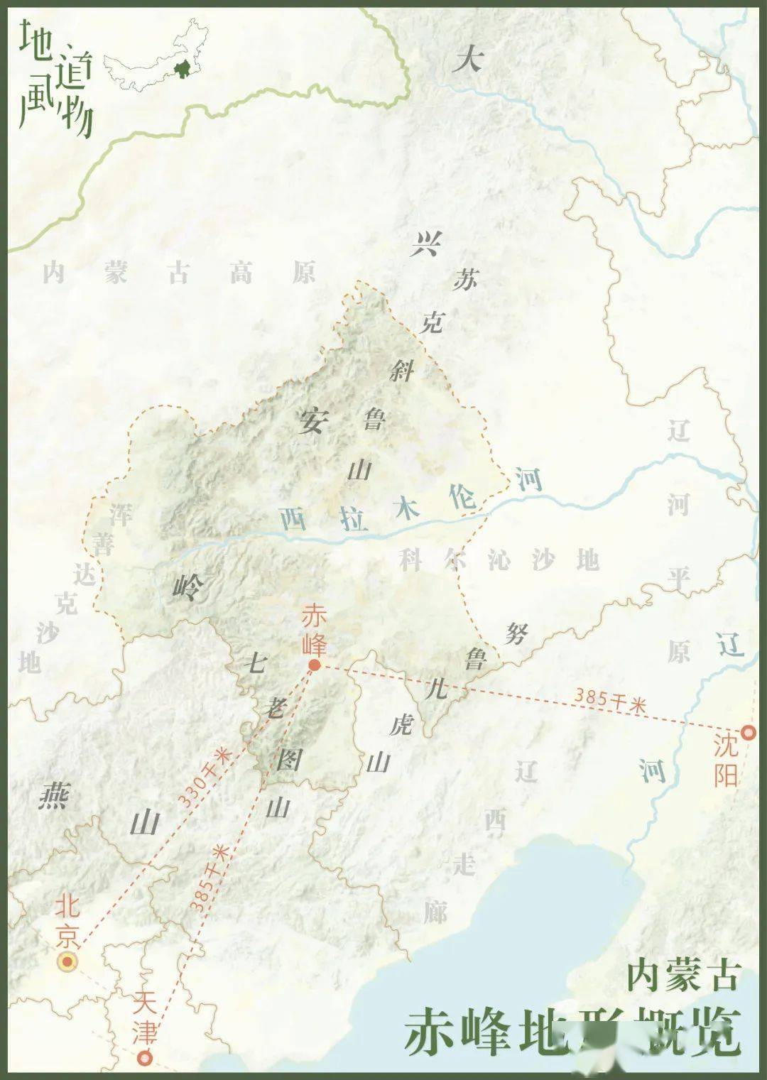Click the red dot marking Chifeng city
(x=314, y=665)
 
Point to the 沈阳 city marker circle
(x=748, y=733)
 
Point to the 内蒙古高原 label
(x=178, y=273)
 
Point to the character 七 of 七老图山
(x=255, y=663)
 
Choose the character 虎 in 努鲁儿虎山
(x=402, y=724)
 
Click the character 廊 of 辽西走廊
(x=435, y=910)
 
